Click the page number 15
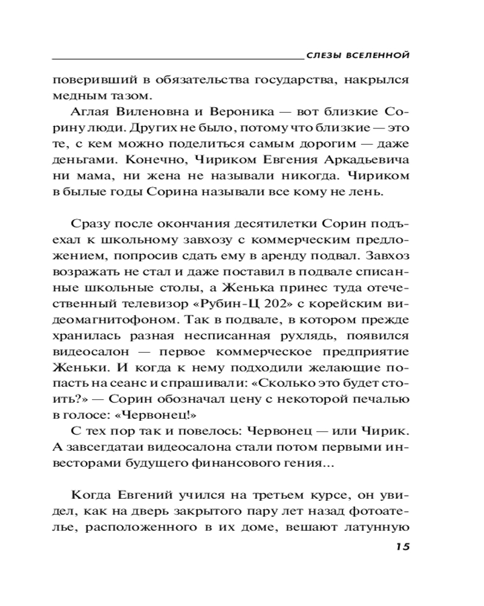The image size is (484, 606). click(x=402, y=547)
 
